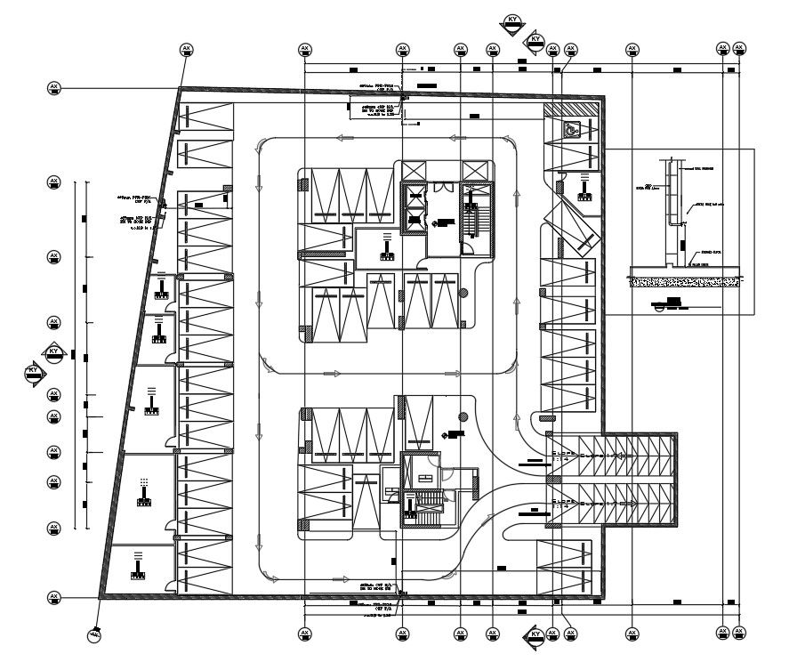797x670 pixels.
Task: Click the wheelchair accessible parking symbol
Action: coord(570,129)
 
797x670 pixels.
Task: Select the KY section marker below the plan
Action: coord(535,635)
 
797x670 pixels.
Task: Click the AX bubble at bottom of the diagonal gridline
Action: coord(94,634)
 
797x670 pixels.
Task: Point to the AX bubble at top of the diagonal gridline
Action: coord(186,48)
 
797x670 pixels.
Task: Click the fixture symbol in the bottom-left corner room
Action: coord(140,566)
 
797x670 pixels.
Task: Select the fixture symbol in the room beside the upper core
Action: coord(387,246)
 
